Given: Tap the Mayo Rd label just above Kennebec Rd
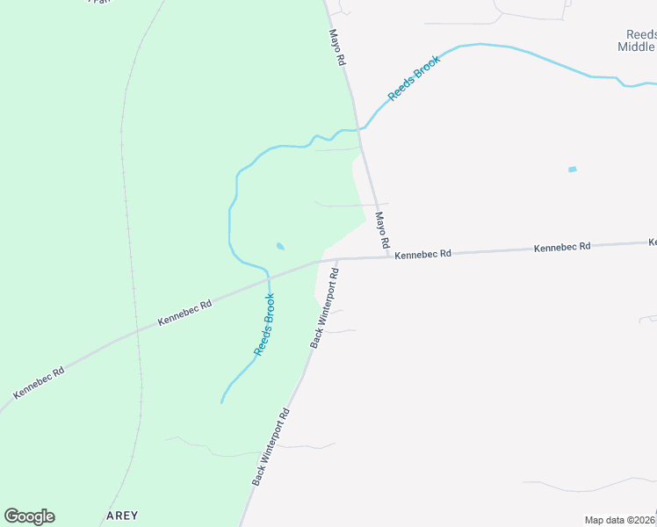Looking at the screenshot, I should pos(382,230).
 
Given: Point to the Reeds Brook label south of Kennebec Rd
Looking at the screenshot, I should pos(264,324).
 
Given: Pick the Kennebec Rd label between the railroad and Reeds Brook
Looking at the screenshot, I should pos(184,314).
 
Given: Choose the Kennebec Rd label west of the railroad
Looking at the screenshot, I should pos(40,384).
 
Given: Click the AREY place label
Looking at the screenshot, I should pos(122,516).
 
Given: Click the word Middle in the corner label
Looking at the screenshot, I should pos(637,47).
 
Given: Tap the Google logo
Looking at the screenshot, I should pos(29,516).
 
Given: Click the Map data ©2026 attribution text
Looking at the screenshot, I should pos(619,520).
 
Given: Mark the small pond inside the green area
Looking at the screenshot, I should pos(280,247).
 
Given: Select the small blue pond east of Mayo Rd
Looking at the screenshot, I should pos(573,169).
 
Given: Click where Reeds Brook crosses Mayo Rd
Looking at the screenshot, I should pos(360,130).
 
